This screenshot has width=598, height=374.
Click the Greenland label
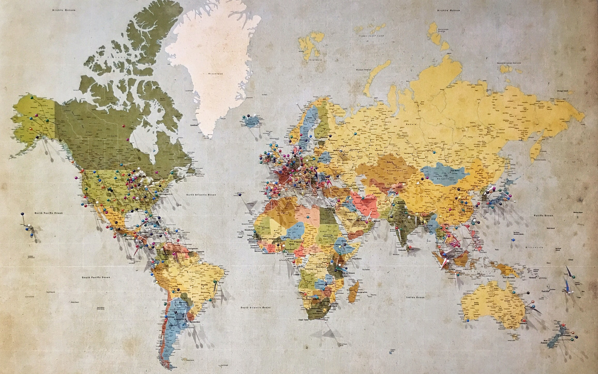[216, 74]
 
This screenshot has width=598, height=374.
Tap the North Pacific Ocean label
[49, 213]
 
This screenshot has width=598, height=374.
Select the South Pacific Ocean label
[96, 277]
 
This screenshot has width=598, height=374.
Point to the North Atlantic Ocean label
[202, 194]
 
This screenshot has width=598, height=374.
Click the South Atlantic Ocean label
[256, 307]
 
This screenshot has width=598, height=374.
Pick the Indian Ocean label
[416, 297]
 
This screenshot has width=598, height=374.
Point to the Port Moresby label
[509, 278]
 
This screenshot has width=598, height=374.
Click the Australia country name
[494, 307]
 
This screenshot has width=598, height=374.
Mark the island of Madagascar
[353, 292]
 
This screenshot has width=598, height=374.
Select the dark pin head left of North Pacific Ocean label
[22, 214]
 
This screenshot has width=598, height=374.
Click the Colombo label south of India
[402, 250]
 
